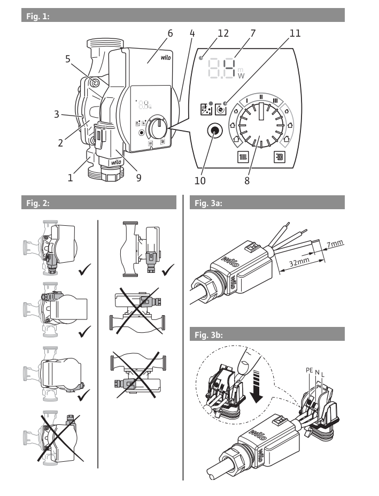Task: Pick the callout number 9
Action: [x=138, y=177]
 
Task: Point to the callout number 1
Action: [x=71, y=177]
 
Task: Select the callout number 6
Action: [x=169, y=33]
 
